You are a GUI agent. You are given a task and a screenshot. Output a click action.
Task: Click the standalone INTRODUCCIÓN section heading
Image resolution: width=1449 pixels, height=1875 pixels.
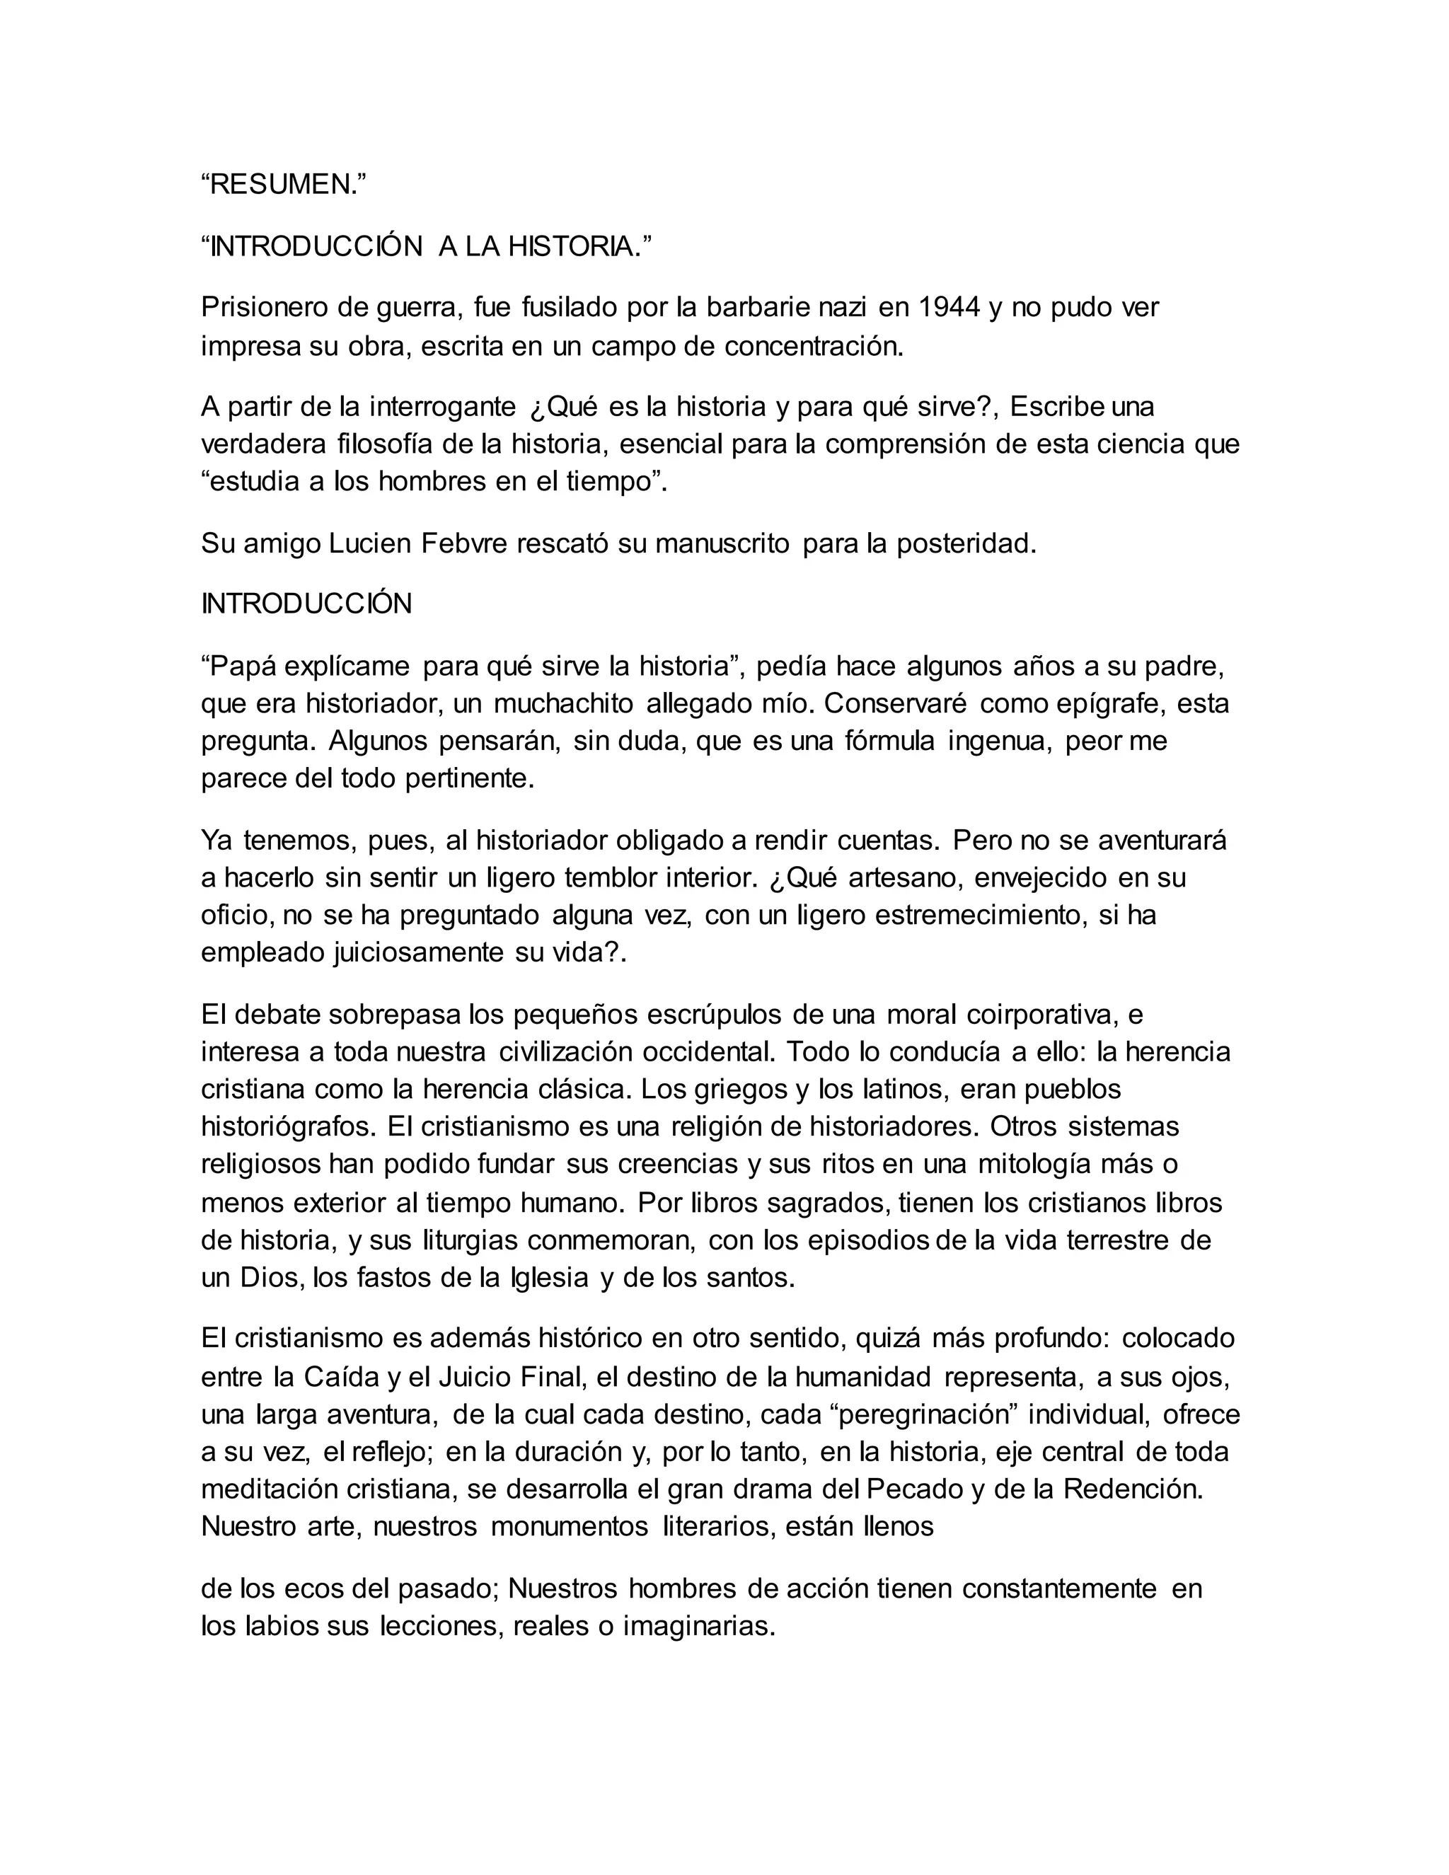[x=306, y=604]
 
